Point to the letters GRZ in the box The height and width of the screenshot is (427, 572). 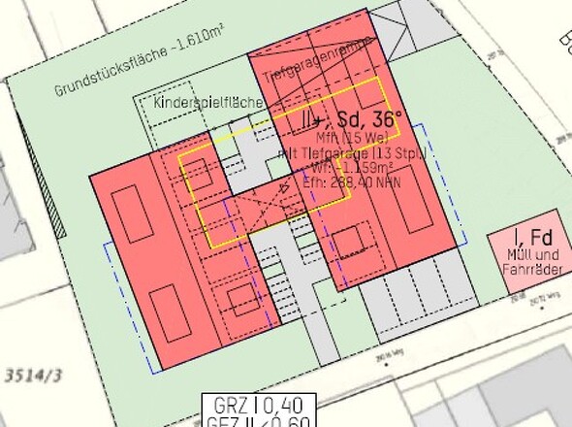(230, 405)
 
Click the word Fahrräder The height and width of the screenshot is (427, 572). (528, 269)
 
